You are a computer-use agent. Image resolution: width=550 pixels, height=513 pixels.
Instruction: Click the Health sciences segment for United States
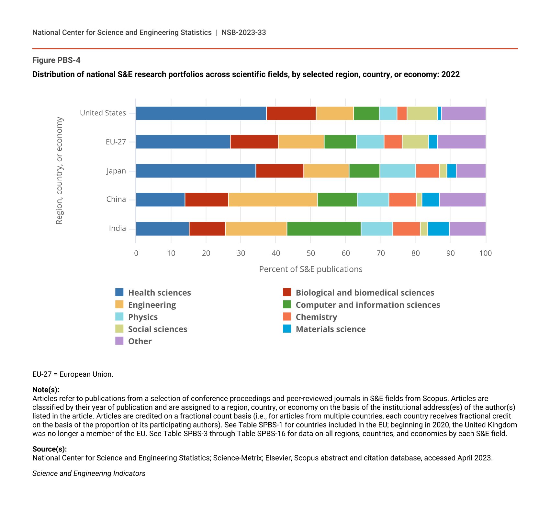click(201, 113)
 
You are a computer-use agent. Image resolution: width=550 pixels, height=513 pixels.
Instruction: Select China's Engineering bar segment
click(273, 199)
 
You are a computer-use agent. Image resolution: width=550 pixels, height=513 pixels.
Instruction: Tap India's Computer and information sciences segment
click(324, 229)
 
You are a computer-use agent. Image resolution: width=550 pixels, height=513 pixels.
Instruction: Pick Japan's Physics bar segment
click(398, 171)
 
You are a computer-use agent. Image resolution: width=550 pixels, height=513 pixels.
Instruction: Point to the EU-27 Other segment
click(461, 142)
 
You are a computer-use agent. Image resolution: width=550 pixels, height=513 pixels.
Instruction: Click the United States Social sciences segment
click(422, 113)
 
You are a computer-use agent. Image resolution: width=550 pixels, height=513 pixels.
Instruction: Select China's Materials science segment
click(431, 199)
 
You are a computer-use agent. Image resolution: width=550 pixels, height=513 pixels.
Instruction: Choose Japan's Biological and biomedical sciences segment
click(280, 171)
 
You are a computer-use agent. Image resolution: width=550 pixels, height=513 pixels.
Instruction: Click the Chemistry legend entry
click(316, 317)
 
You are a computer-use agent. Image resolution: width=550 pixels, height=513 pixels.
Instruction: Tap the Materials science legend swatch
click(287, 329)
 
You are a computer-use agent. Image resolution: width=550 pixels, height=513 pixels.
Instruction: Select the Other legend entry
click(140, 341)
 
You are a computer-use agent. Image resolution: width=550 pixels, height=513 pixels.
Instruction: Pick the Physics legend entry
click(142, 317)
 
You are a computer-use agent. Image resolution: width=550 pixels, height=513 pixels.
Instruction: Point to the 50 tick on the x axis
click(311, 253)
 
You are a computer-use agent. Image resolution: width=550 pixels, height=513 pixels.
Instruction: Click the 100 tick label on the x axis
click(486, 253)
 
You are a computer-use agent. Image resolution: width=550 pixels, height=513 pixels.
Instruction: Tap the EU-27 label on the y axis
click(116, 142)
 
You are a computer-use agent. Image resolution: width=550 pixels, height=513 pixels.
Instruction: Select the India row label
click(117, 228)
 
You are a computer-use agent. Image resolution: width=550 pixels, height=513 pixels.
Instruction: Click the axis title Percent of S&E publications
click(311, 269)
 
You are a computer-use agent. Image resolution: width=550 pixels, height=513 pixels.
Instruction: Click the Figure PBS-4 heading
click(56, 60)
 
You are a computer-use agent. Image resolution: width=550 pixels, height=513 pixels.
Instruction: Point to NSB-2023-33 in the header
click(244, 32)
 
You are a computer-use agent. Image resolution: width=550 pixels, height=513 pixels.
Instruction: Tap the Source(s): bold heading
click(50, 449)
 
